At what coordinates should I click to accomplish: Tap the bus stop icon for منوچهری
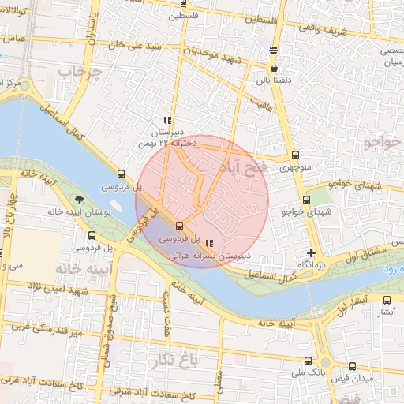(x=295, y=155)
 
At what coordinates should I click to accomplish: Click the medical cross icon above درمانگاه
(x=312, y=253)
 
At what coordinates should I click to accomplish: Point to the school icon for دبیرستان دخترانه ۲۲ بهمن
(x=166, y=120)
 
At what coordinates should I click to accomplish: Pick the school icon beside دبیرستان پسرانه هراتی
(x=208, y=244)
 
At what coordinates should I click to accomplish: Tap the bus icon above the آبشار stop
(x=386, y=300)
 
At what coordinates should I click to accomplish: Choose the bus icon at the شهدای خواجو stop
(x=306, y=200)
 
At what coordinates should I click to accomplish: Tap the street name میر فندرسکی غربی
(x=38, y=329)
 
